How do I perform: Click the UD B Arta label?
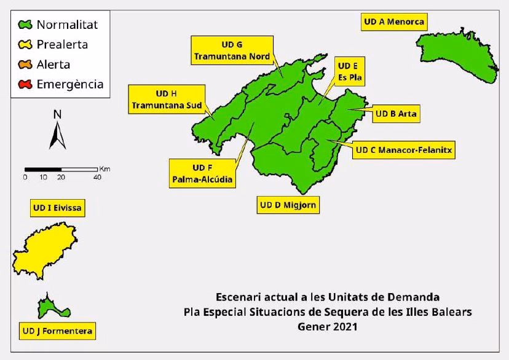click(397, 114)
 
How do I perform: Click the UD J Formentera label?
click(57, 332)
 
